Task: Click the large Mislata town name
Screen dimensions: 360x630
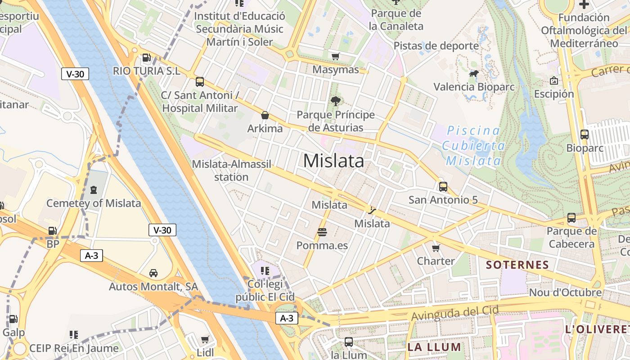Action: (333, 161)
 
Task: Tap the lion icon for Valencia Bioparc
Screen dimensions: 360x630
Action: (473, 73)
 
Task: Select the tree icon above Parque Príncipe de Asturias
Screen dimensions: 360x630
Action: (335, 101)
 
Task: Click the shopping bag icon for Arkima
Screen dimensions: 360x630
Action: (265, 116)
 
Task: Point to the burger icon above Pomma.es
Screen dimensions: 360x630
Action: (322, 232)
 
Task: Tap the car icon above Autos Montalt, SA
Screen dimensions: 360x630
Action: (153, 273)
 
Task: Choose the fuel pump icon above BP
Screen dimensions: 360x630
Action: (53, 231)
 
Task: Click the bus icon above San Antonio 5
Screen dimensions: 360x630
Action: (443, 186)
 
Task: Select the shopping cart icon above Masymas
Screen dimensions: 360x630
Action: (335, 56)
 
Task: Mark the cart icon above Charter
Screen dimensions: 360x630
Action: (436, 248)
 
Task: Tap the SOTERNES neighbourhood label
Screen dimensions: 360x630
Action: (517, 265)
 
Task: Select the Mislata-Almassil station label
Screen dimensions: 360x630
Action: (231, 171)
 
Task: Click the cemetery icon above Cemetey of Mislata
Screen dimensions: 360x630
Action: (94, 190)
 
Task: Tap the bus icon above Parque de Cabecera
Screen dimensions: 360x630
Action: (571, 218)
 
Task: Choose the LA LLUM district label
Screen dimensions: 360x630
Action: (434, 347)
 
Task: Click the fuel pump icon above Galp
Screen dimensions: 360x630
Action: (13, 319)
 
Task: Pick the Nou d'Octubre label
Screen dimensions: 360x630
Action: (565, 292)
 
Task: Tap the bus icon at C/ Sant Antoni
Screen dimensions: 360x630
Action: (199, 82)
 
